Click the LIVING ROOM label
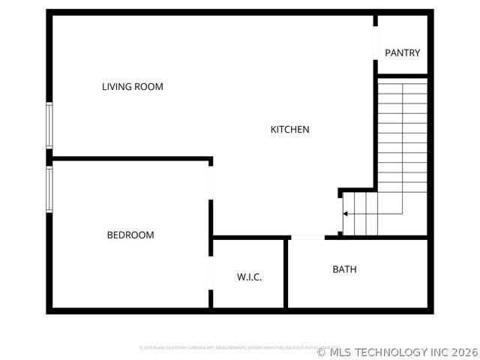(x=132, y=87)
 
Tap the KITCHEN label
(x=289, y=130)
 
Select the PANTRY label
(x=402, y=53)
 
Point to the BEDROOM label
(x=130, y=235)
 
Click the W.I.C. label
(x=249, y=277)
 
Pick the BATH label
(x=344, y=269)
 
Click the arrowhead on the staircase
(x=345, y=214)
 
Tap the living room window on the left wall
(x=49, y=125)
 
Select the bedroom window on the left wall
(x=49, y=188)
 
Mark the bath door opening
(x=307, y=238)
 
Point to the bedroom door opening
(x=211, y=182)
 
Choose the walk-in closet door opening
(x=211, y=273)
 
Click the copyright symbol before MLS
(x=322, y=352)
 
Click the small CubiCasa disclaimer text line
(x=238, y=348)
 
